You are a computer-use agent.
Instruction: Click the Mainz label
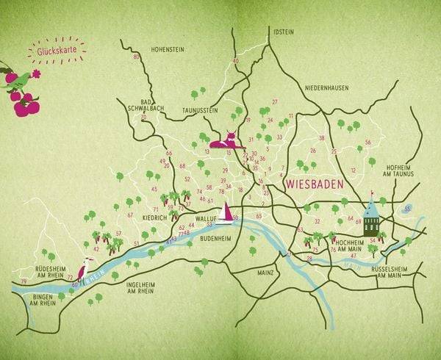265,273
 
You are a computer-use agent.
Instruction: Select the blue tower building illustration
371,215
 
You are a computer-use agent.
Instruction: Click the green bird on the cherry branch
20,79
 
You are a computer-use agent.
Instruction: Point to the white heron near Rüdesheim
84,268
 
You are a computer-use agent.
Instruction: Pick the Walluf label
205,218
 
